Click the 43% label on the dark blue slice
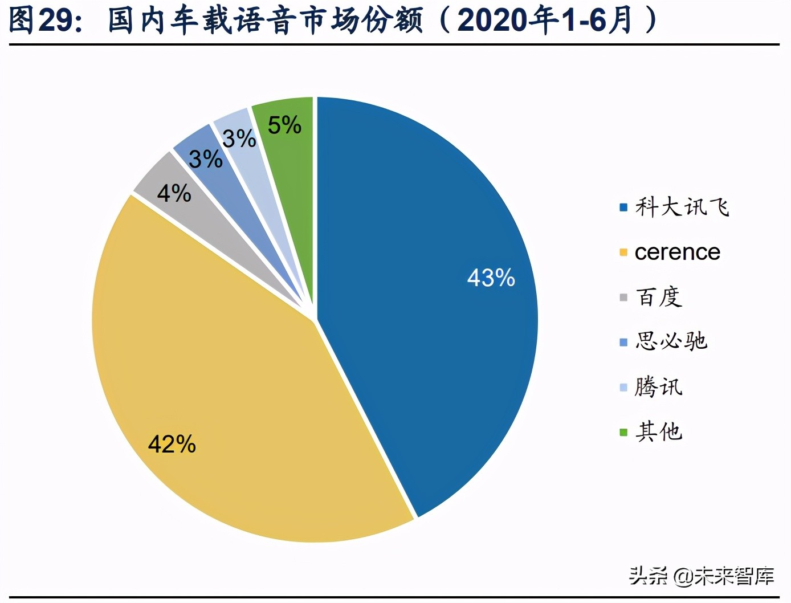pyautogui.click(x=491, y=278)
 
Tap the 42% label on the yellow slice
pyautogui.click(x=172, y=444)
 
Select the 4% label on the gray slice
pyautogui.click(x=174, y=193)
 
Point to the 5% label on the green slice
pyautogui.click(x=284, y=125)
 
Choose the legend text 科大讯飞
pyautogui.click(x=682, y=207)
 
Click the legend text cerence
pyautogui.click(x=677, y=252)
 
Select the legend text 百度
pyautogui.click(x=659, y=297)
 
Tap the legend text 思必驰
pyautogui.click(x=671, y=341)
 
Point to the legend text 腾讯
pyautogui.click(x=659, y=387)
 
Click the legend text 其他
pyautogui.click(x=659, y=431)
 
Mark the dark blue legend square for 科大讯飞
pyautogui.click(x=623, y=207)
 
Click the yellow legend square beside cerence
pyautogui.click(x=623, y=252)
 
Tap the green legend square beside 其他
pyautogui.click(x=623, y=432)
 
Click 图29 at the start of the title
pyautogui.click(x=42, y=20)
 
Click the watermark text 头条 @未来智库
pyautogui.click(x=702, y=576)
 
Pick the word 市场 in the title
pyautogui.click(x=327, y=20)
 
